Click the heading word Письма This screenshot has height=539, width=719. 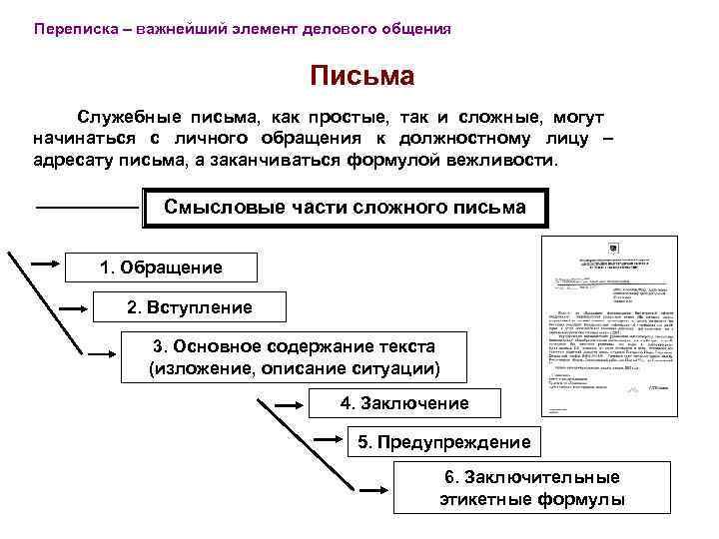coord(361,76)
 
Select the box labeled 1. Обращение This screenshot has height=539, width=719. coord(161,268)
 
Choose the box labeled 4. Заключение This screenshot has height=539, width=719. coord(403,403)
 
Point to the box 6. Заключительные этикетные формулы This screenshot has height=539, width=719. coord(531,488)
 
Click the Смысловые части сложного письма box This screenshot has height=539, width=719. coord(345,208)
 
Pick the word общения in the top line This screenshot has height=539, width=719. coord(418,29)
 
